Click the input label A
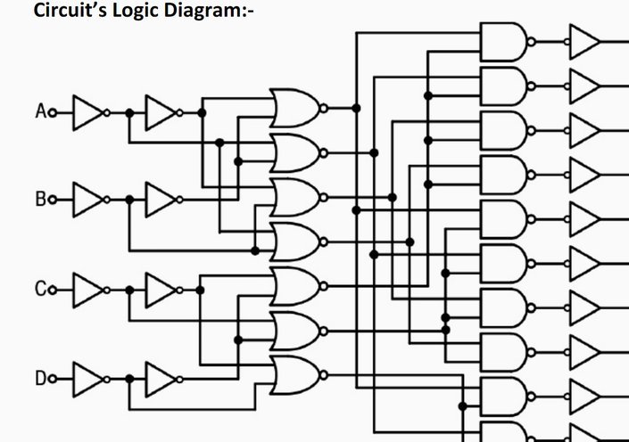[40, 111]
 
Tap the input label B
[40, 199]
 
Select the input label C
[40, 289]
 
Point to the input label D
[40, 379]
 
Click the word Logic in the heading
[135, 11]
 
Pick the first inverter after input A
[91, 112]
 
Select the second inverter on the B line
[163, 200]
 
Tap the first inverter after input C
[91, 291]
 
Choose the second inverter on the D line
[163, 379]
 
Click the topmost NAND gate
[507, 42]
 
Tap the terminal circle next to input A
[53, 113]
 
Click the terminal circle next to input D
[53, 379]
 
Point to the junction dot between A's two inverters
[129, 113]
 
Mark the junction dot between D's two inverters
[129, 379]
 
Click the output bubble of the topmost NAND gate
[531, 42]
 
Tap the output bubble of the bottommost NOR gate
[324, 375]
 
